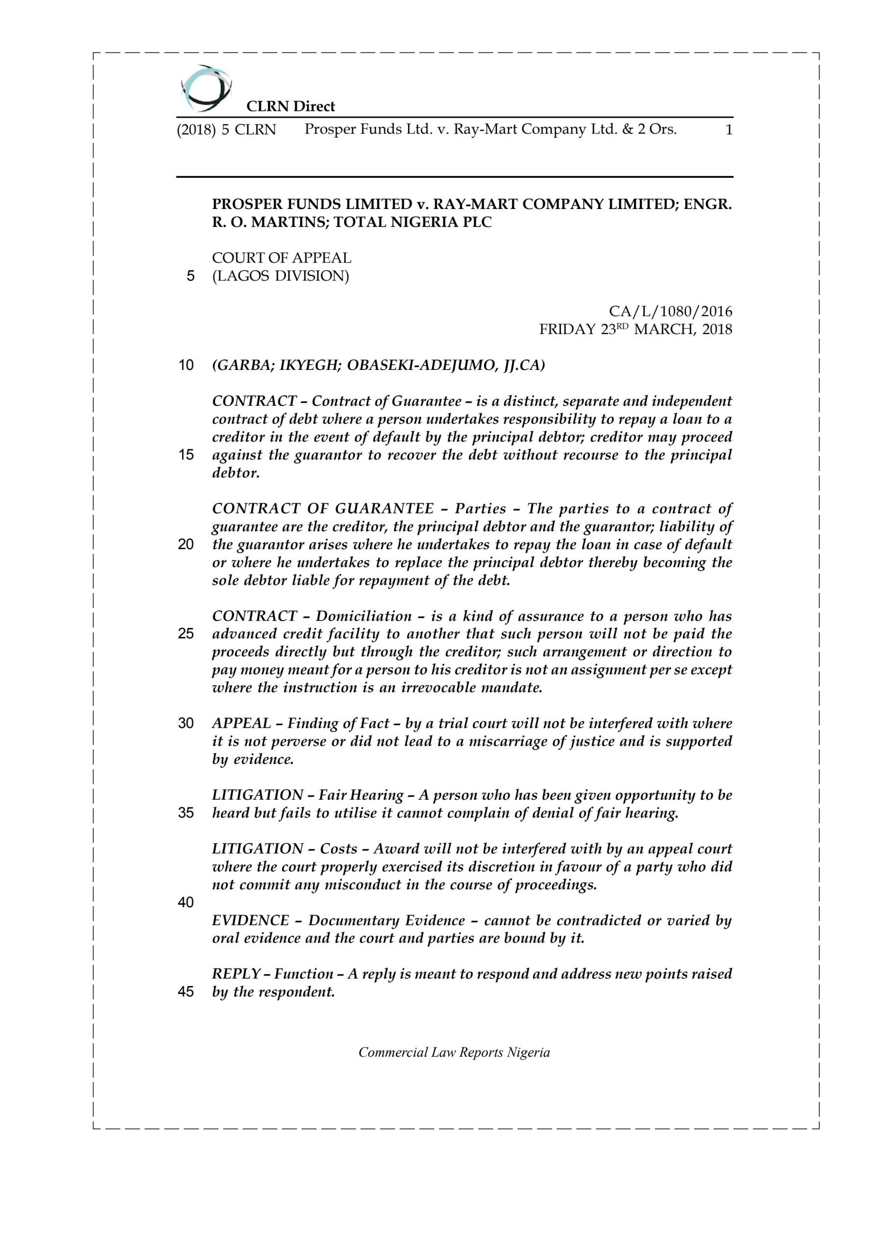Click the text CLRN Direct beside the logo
[x=290, y=106]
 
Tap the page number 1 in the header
[x=728, y=130]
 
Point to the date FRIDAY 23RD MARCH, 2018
[x=635, y=329]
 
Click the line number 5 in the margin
[x=190, y=276]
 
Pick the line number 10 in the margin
[x=186, y=366]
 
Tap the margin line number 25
[x=186, y=634]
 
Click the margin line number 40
[x=186, y=902]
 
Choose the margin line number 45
[x=186, y=992]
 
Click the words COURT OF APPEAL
[x=281, y=258]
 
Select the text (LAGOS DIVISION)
[x=280, y=276]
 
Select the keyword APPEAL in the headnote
[x=241, y=723]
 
